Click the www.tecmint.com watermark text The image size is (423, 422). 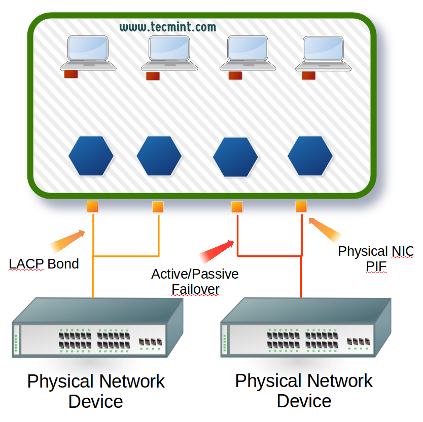(168, 27)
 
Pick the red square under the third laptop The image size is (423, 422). (235, 75)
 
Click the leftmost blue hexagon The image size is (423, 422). (91, 156)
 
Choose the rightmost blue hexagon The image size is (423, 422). (310, 156)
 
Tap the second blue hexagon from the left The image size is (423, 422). (159, 156)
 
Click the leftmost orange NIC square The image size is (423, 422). (92, 206)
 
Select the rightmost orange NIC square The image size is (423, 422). (301, 206)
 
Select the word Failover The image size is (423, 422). (195, 289)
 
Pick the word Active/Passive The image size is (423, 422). (195, 275)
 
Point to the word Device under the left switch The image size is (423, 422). (96, 402)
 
